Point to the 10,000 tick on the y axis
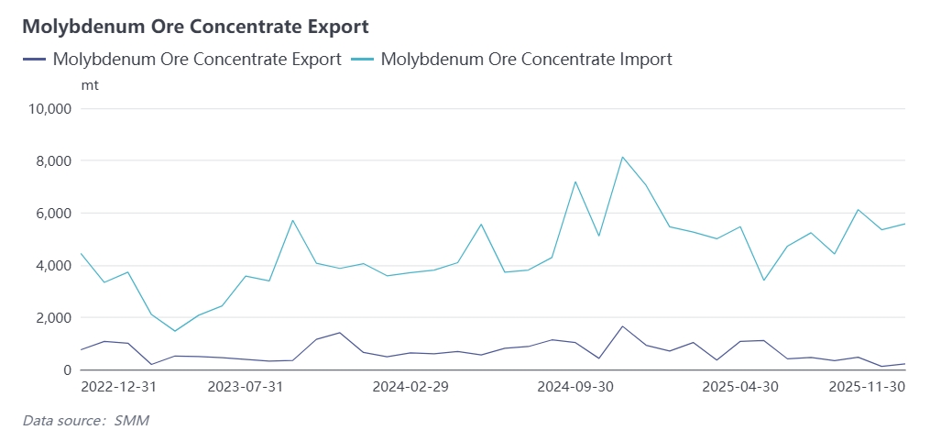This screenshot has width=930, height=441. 51,109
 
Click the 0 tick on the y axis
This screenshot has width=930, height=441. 66,370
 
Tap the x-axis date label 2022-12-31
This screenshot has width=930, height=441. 119,387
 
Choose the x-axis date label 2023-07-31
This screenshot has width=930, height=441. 246,387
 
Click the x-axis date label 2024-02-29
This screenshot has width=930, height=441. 410,387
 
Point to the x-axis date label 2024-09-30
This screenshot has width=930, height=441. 575,387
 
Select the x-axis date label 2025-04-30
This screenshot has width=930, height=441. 740,387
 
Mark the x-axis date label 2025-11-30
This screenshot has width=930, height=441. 867,387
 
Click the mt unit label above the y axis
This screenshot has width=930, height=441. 90,85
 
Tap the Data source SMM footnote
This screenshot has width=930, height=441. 85,421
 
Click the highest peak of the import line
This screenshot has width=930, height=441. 622,157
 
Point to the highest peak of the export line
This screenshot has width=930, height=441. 622,326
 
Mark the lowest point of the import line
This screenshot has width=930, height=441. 175,331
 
